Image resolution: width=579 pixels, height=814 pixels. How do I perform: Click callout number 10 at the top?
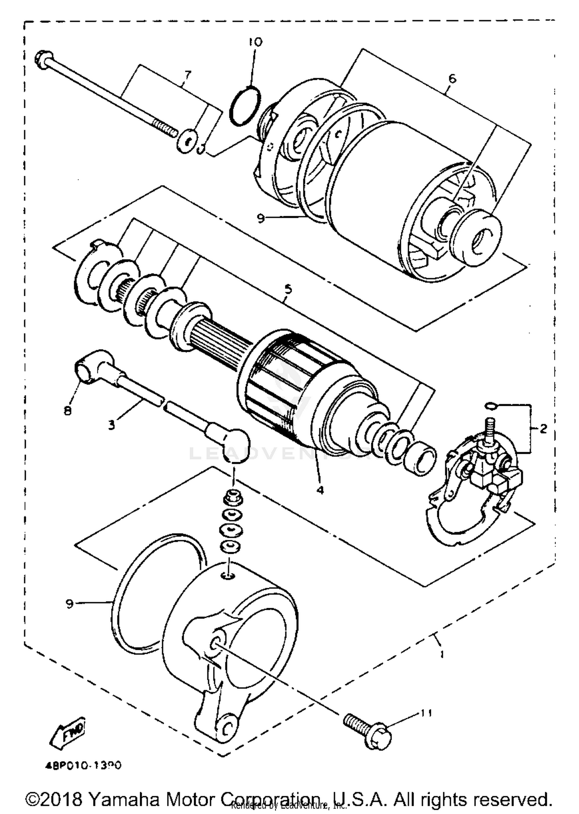click(255, 42)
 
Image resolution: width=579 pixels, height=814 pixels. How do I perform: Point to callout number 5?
click(288, 289)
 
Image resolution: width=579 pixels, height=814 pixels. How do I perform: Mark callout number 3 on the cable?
click(111, 425)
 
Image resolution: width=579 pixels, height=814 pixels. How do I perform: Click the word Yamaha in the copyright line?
click(124, 799)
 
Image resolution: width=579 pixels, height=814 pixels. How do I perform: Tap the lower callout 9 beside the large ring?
click(69, 604)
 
